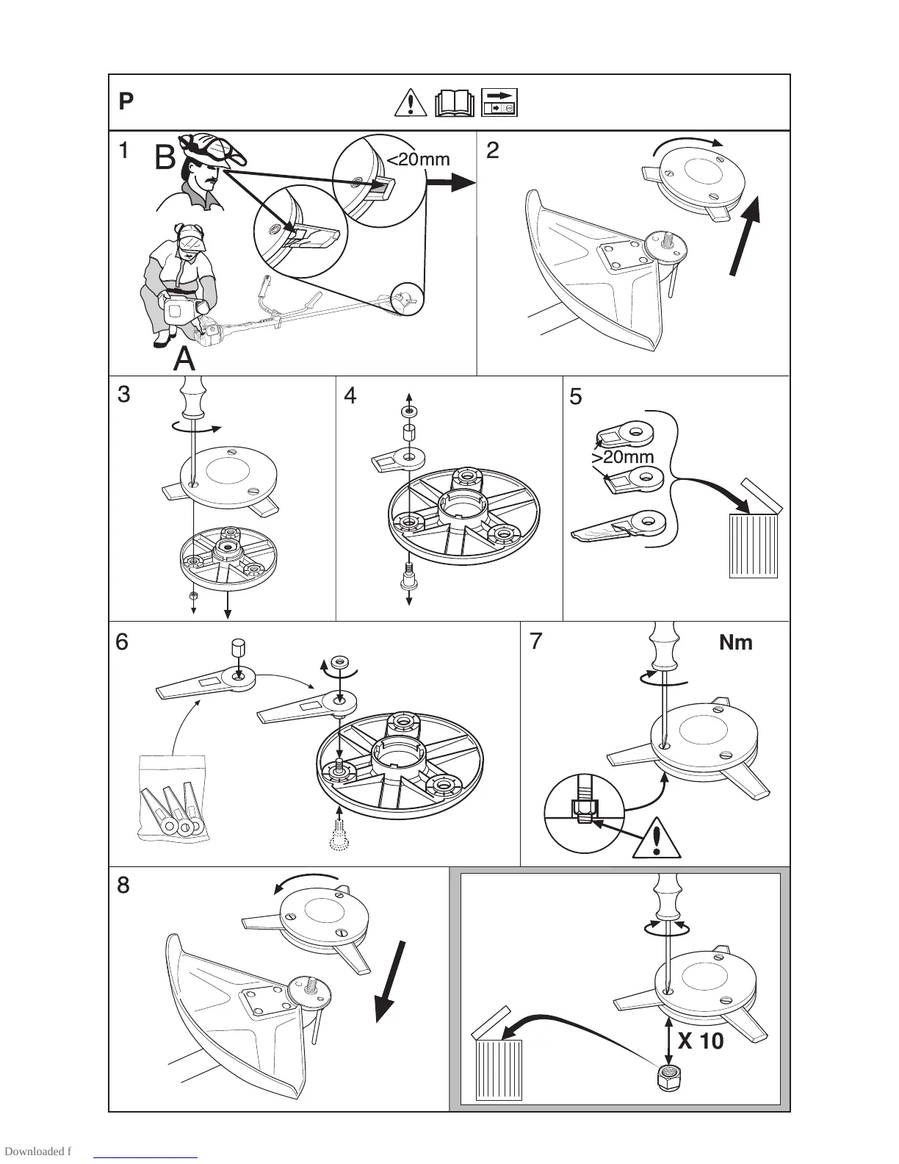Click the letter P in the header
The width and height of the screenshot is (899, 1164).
(x=126, y=101)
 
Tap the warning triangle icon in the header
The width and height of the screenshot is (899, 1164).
(x=410, y=103)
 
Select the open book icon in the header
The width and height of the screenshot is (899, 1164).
(x=455, y=104)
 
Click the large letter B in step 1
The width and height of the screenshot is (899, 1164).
(x=166, y=158)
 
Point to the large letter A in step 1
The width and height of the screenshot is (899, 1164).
(x=184, y=359)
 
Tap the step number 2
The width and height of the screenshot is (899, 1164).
(x=493, y=151)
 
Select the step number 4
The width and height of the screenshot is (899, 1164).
(x=350, y=396)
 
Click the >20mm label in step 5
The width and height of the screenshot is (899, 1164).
(x=622, y=457)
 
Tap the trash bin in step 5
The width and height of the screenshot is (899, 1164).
(x=754, y=544)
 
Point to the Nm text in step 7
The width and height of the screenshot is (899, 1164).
(x=735, y=642)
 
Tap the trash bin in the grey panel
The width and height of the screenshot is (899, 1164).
(x=499, y=1070)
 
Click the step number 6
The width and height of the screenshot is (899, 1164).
(x=122, y=642)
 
